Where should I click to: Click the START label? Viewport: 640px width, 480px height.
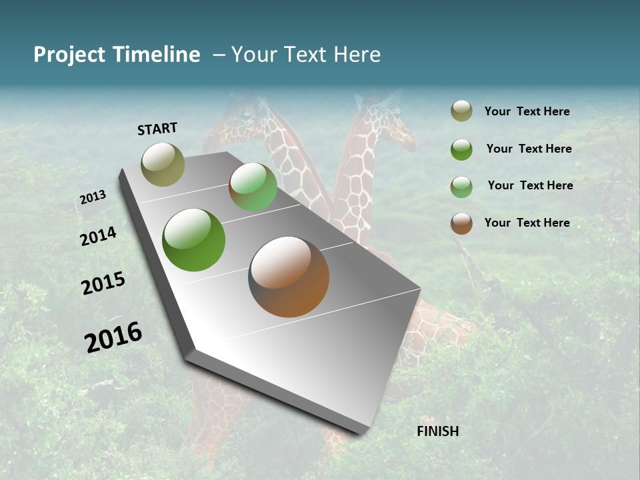point(157,129)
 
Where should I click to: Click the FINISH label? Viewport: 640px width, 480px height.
point(437,431)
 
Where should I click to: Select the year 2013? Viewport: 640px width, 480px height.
point(93,197)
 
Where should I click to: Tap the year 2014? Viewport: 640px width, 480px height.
point(99,236)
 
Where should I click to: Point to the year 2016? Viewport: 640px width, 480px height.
point(113,337)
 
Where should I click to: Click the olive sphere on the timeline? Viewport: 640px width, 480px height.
point(163,164)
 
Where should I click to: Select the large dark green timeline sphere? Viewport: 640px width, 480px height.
point(193,240)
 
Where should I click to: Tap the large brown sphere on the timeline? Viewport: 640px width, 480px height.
point(289,277)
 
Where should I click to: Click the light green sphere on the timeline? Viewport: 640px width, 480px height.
point(253,187)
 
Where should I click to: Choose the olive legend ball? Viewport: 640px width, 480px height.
point(461,111)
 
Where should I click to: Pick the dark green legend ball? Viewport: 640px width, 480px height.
point(461,149)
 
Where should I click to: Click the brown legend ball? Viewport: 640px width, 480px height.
point(461,223)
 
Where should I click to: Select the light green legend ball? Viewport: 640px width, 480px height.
point(461,187)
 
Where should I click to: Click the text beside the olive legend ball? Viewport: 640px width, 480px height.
point(527,111)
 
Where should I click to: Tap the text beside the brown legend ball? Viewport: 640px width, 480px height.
point(527,223)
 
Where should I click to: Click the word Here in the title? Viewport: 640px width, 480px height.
point(357,55)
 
